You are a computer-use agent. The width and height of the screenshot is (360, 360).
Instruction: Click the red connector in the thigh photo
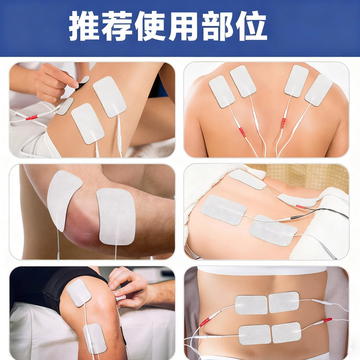[x=31, y=117]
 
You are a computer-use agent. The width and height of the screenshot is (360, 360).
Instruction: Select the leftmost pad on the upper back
[x=222, y=91]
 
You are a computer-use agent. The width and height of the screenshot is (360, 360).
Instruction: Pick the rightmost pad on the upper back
[x=318, y=90]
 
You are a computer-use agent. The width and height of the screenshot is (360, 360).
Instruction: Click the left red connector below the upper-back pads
[x=242, y=132]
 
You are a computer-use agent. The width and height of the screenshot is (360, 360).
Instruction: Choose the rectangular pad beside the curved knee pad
[x=116, y=216]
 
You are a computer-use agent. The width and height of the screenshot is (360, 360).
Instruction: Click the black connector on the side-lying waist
[x=296, y=217]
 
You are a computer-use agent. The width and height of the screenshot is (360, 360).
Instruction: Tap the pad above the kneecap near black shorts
[x=79, y=292]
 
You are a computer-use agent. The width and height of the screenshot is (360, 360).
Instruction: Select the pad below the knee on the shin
[x=95, y=337]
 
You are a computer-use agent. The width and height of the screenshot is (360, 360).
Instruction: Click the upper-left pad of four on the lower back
[x=251, y=305]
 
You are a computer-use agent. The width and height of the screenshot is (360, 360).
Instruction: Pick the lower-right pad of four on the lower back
[x=286, y=332]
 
